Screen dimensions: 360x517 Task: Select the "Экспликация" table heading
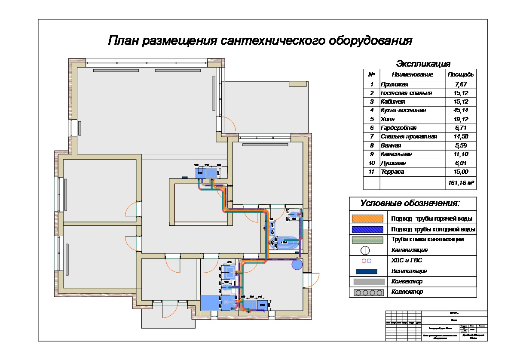point(423,64)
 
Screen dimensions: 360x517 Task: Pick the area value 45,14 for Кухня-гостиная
point(461,111)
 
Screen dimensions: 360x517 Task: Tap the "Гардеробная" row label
point(398,128)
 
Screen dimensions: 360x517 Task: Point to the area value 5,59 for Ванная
point(461,145)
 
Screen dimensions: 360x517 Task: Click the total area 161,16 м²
point(461,183)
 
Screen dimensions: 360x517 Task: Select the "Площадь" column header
point(461,74)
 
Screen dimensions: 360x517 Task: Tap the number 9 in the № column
point(372,154)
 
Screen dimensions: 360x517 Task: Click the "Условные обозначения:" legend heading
point(410,203)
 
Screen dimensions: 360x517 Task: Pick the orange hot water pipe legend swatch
point(367,218)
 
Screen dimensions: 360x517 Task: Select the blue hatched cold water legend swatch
point(367,229)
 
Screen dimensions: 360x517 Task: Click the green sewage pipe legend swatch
point(367,240)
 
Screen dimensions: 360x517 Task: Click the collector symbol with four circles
point(368,292)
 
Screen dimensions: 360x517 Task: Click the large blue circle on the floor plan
point(297,264)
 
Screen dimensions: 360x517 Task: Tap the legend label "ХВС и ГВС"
point(404,261)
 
